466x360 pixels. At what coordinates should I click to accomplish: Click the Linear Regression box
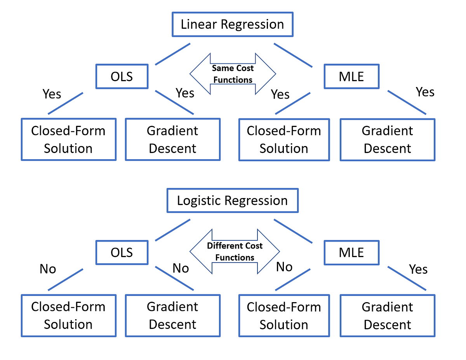(232, 24)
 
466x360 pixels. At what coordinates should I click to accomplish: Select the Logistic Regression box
(232, 201)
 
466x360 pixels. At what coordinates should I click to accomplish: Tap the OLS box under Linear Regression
(122, 77)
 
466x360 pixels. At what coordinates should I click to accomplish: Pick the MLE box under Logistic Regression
(351, 252)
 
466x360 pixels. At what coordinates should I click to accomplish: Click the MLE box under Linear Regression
(351, 77)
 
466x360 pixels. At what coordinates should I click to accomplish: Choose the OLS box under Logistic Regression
(122, 252)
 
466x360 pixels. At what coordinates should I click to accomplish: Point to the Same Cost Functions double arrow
(233, 74)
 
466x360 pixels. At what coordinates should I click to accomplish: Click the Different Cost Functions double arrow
(235, 251)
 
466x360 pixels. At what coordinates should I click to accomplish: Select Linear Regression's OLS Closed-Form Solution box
(68, 139)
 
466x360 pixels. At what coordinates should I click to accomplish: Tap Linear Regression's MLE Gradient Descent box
(387, 139)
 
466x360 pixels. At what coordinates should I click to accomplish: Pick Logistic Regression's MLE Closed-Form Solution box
(284, 315)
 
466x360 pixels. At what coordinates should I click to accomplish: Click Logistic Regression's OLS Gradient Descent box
(172, 315)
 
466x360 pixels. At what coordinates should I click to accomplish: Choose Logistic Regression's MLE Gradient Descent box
(387, 315)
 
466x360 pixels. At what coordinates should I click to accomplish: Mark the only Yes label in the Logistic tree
(418, 269)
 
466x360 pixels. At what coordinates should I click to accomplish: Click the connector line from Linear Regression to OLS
(172, 54)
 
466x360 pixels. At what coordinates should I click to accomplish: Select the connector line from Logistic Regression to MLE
(293, 231)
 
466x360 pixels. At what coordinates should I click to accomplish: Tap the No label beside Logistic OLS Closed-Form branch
(48, 269)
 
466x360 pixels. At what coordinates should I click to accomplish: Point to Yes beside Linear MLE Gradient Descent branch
(425, 92)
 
